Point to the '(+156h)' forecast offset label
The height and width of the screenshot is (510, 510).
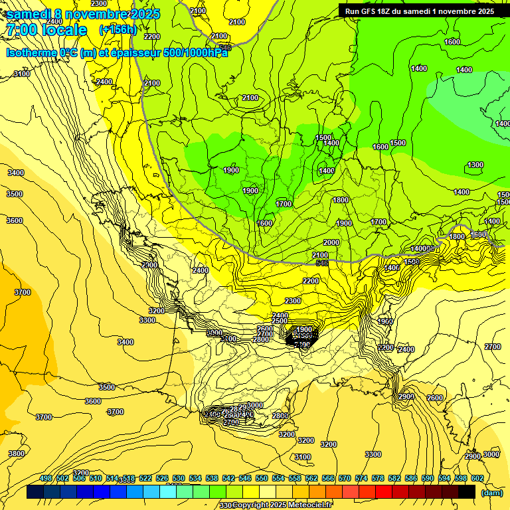pyautogui.click(x=118, y=29)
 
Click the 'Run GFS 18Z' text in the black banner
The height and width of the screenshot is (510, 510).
pyautogui.click(x=372, y=11)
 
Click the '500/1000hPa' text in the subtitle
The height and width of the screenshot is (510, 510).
pyautogui.click(x=195, y=53)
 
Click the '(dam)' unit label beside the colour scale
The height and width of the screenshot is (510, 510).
pyautogui.click(x=491, y=493)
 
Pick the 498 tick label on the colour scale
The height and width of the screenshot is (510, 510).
pyautogui.click(x=46, y=479)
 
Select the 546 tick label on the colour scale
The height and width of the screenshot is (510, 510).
pyautogui.click(x=245, y=479)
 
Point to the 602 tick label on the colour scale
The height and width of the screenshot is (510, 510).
pyautogui.click(x=477, y=479)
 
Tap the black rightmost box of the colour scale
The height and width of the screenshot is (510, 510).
pyautogui.click(x=467, y=492)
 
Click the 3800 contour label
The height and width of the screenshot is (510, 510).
pyautogui.click(x=17, y=454)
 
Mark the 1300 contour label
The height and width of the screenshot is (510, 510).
pyautogui.click(x=475, y=165)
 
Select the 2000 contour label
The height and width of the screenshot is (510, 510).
pyautogui.click(x=331, y=242)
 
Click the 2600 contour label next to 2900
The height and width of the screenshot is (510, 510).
pyautogui.click(x=435, y=398)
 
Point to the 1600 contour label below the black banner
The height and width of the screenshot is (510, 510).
pyautogui.click(x=452, y=42)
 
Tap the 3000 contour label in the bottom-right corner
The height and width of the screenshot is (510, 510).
pyautogui.click(x=491, y=454)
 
